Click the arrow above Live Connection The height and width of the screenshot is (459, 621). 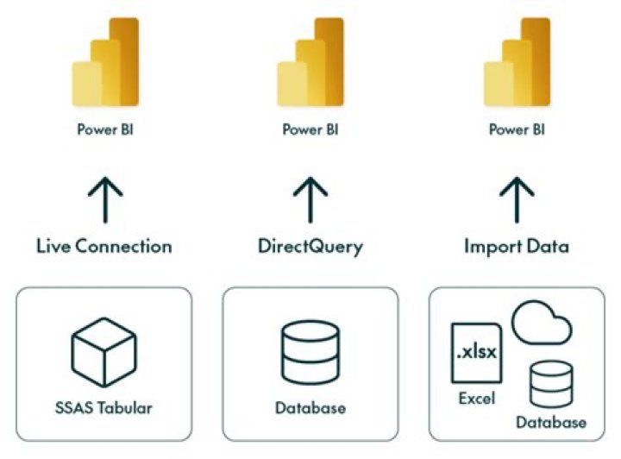coord(104,198)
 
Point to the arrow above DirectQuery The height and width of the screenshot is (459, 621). coord(310,198)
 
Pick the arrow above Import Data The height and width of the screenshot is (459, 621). coord(516,198)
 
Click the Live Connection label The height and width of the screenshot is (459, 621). coord(104,246)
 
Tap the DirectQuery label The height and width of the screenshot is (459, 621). coord(310,247)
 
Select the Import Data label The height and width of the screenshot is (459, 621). coord(516,246)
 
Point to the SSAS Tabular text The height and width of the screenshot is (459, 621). coord(104,406)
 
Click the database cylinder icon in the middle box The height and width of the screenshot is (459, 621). coord(310,352)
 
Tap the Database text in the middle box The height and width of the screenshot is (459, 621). coord(310,406)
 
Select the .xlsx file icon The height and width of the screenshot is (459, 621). coord(475,352)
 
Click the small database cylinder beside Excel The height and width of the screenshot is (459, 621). coord(551,384)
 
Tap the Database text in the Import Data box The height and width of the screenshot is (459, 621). coord(551,423)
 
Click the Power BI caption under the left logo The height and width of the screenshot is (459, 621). coord(104,131)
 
